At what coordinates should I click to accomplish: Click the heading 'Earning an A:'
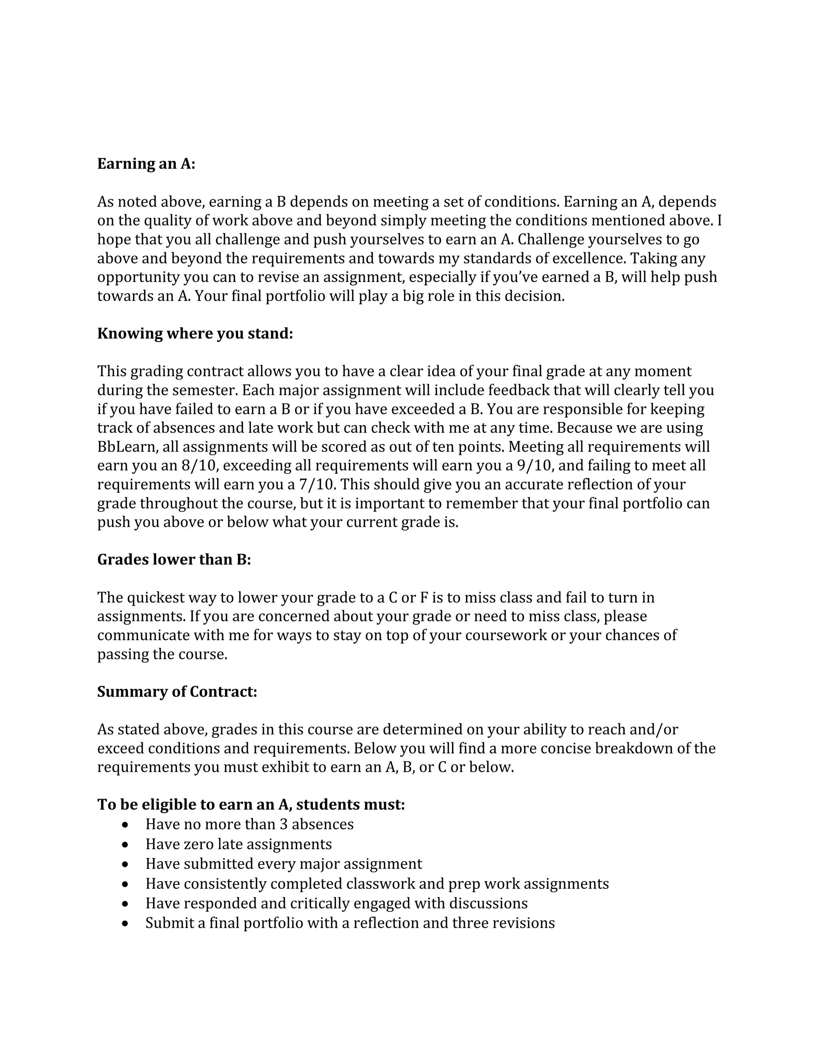(146, 164)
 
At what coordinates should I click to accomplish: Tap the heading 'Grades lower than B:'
(174, 559)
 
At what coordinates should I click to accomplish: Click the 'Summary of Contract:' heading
(177, 691)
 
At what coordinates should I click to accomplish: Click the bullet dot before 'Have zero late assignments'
(126, 845)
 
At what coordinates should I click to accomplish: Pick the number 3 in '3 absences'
(284, 824)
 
